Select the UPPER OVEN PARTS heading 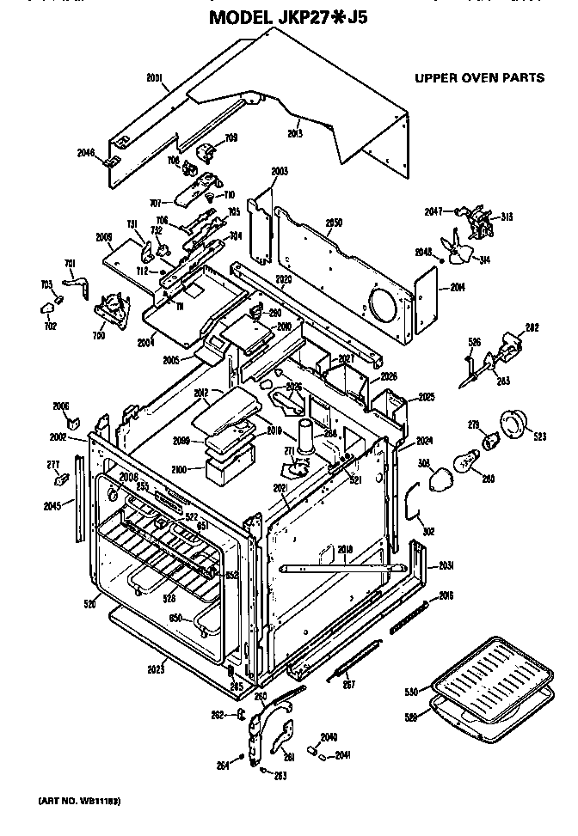pyautogui.click(x=479, y=77)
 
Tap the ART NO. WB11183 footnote pyautogui.click(x=78, y=800)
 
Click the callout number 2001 pyautogui.click(x=154, y=76)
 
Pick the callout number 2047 pyautogui.click(x=432, y=211)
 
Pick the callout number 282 pyautogui.click(x=532, y=327)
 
